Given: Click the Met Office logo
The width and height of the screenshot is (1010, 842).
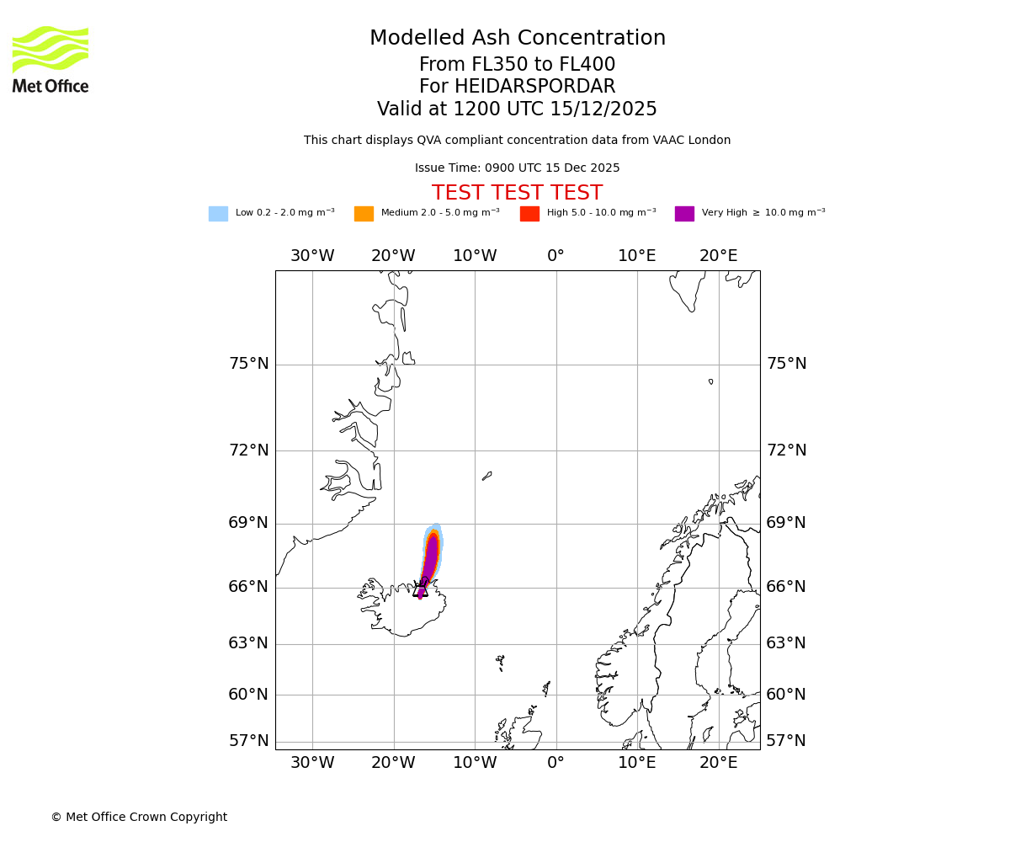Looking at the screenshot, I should (50, 59).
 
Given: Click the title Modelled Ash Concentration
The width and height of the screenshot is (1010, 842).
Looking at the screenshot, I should (517, 39).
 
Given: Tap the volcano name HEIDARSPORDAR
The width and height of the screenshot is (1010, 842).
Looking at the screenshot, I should (534, 87).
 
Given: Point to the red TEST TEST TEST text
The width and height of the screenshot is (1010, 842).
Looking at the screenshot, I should (517, 194).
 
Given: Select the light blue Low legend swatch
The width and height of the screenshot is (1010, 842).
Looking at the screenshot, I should (218, 214).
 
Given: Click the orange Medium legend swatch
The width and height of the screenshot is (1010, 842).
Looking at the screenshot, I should (364, 214).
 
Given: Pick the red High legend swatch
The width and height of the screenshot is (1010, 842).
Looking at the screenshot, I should (529, 214).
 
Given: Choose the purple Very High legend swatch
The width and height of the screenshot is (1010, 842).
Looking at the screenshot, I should (684, 214).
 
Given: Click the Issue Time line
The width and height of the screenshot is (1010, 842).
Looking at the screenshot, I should (517, 168).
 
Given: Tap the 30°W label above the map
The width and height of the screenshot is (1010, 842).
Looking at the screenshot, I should (312, 256).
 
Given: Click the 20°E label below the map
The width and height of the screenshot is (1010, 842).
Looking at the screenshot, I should (718, 763).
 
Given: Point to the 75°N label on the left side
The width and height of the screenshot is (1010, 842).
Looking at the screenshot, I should (248, 364).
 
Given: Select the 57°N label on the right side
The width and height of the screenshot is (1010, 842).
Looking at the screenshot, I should (786, 741).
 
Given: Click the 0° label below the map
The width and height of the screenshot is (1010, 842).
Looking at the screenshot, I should (555, 763).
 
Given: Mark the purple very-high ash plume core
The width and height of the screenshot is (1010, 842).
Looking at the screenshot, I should (431, 556).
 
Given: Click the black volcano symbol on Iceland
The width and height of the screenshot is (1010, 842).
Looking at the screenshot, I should (420, 589).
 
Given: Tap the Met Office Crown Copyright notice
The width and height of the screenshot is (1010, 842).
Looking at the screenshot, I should (139, 818).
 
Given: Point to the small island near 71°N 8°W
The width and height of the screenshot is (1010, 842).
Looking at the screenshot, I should (486, 477).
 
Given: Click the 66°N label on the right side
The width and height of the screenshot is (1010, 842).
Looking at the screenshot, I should (786, 587).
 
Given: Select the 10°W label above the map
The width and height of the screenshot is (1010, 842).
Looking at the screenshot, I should (475, 256).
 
